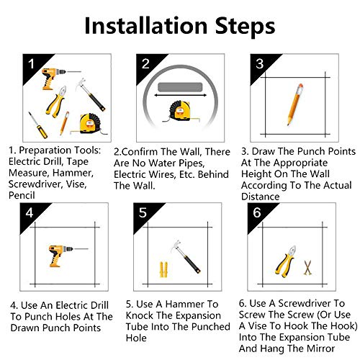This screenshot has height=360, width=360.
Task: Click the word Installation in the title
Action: click(x=146, y=26)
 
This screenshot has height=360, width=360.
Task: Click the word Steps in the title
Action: click(x=245, y=27)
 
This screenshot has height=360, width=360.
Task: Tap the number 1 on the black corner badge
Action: click(x=31, y=64)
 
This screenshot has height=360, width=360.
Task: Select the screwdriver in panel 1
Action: click(x=37, y=125)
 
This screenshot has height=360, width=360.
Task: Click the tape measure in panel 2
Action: click(x=181, y=111)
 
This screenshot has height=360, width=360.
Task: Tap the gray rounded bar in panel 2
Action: click(x=180, y=87)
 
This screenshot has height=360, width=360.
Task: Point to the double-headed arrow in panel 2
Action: click(x=180, y=95)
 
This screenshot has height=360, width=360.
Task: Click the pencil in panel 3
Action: click(x=295, y=104)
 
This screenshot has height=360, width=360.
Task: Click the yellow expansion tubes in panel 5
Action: click(x=163, y=269)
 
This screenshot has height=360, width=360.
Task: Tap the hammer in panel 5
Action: click(x=186, y=256)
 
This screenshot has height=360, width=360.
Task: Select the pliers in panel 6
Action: click(x=286, y=261)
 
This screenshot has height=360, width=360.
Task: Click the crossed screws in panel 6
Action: click(x=307, y=267)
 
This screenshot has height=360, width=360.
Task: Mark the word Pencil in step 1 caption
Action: click(x=22, y=195)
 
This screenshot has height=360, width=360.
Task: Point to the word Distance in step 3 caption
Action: click(x=261, y=197)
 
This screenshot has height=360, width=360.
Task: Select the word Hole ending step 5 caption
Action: click(x=136, y=338)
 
